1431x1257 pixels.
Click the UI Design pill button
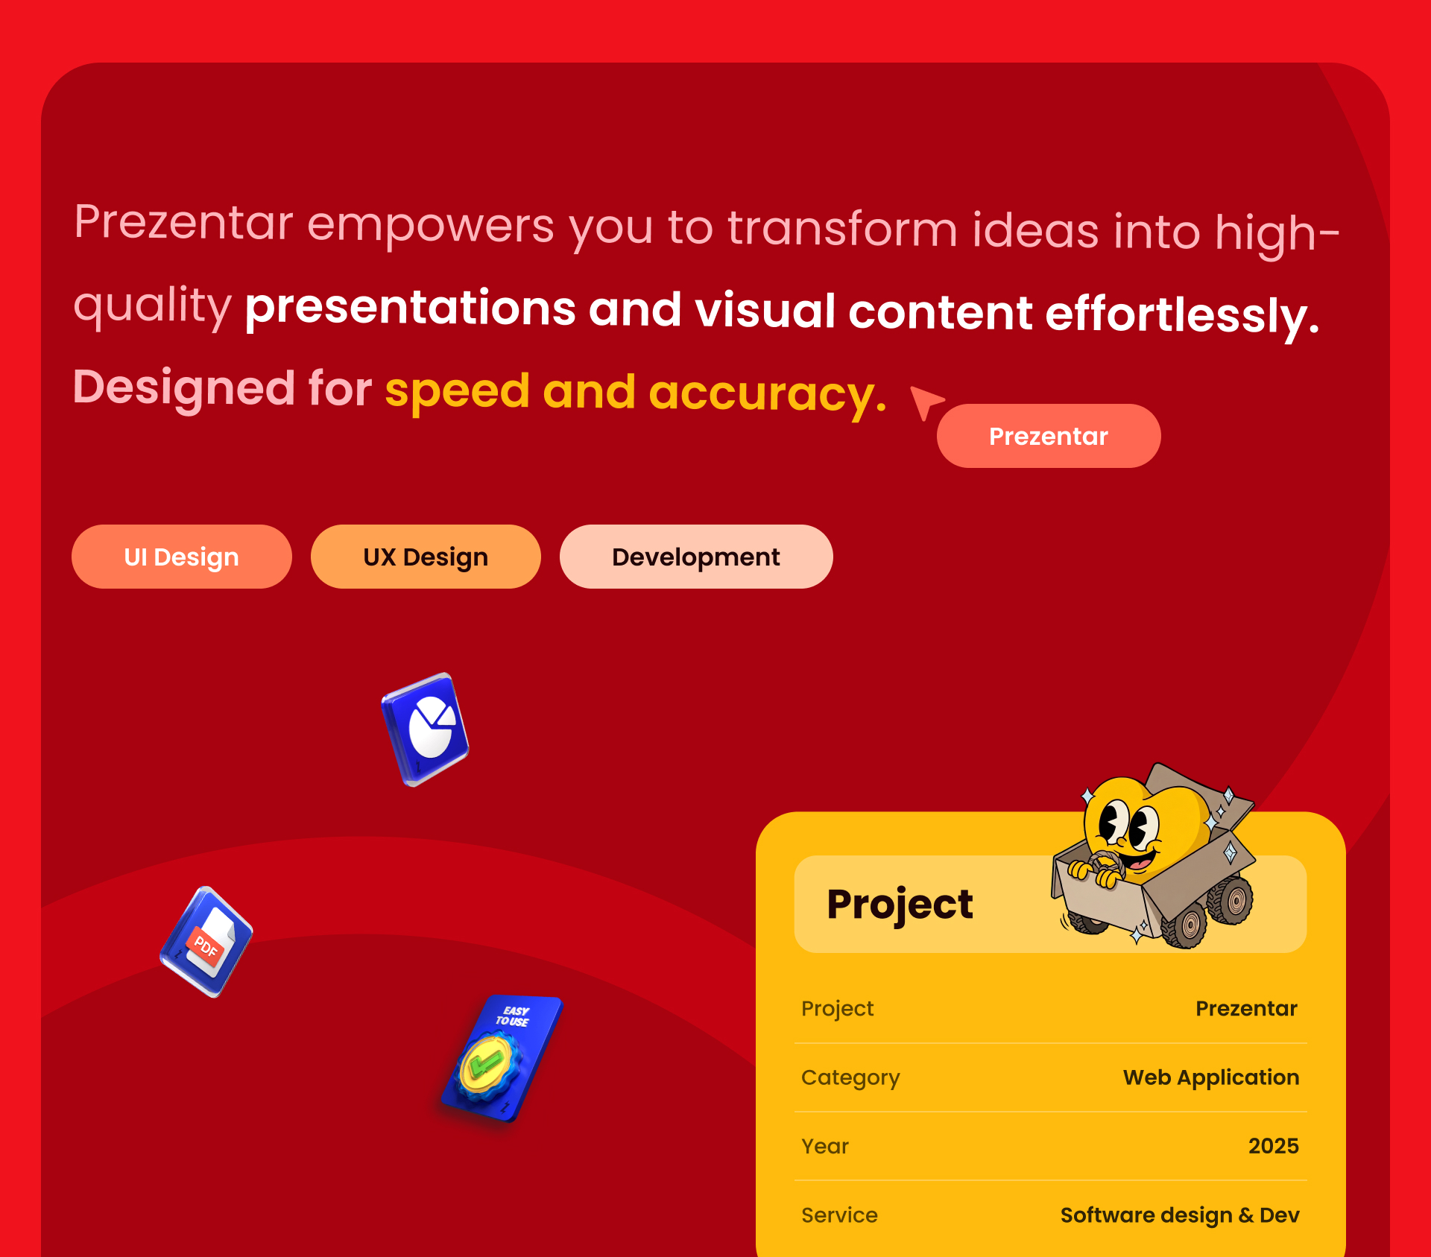pyautogui.click(x=181, y=557)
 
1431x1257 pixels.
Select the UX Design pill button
pyautogui.click(x=426, y=557)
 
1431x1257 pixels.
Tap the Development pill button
pyautogui.click(x=696, y=557)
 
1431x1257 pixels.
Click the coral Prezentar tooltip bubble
pyautogui.click(x=1049, y=436)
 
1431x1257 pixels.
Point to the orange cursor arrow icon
pyautogui.click(x=926, y=402)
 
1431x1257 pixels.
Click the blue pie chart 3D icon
pyautogui.click(x=425, y=729)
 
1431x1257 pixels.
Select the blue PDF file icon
pyautogui.click(x=206, y=942)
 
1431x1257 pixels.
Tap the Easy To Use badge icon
pyautogui.click(x=501, y=1058)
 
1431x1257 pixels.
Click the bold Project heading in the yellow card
pyautogui.click(x=900, y=905)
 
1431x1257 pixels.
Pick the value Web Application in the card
pyautogui.click(x=1211, y=1077)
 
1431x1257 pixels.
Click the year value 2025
pyautogui.click(x=1274, y=1146)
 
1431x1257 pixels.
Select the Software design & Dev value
pyautogui.click(x=1180, y=1215)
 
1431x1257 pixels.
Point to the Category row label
pyautogui.click(x=850, y=1078)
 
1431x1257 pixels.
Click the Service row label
pyautogui.click(x=839, y=1215)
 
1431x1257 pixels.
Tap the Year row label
pyautogui.click(x=825, y=1146)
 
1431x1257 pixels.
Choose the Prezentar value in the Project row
pyautogui.click(x=1247, y=1008)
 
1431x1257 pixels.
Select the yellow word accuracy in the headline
pyautogui.click(x=768, y=393)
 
